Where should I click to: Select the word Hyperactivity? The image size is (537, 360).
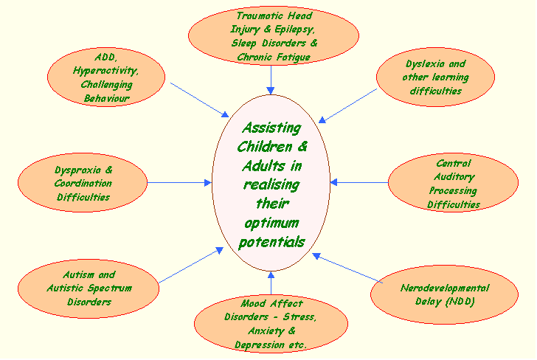(x=105, y=71)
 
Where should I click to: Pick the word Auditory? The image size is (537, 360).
(x=454, y=177)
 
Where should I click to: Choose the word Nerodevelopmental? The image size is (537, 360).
(x=445, y=288)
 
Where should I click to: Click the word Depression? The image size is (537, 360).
(x=261, y=345)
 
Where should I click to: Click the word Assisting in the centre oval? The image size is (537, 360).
(x=271, y=127)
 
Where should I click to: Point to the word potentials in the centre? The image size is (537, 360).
(x=271, y=242)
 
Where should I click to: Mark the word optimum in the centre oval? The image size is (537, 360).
(x=271, y=223)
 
